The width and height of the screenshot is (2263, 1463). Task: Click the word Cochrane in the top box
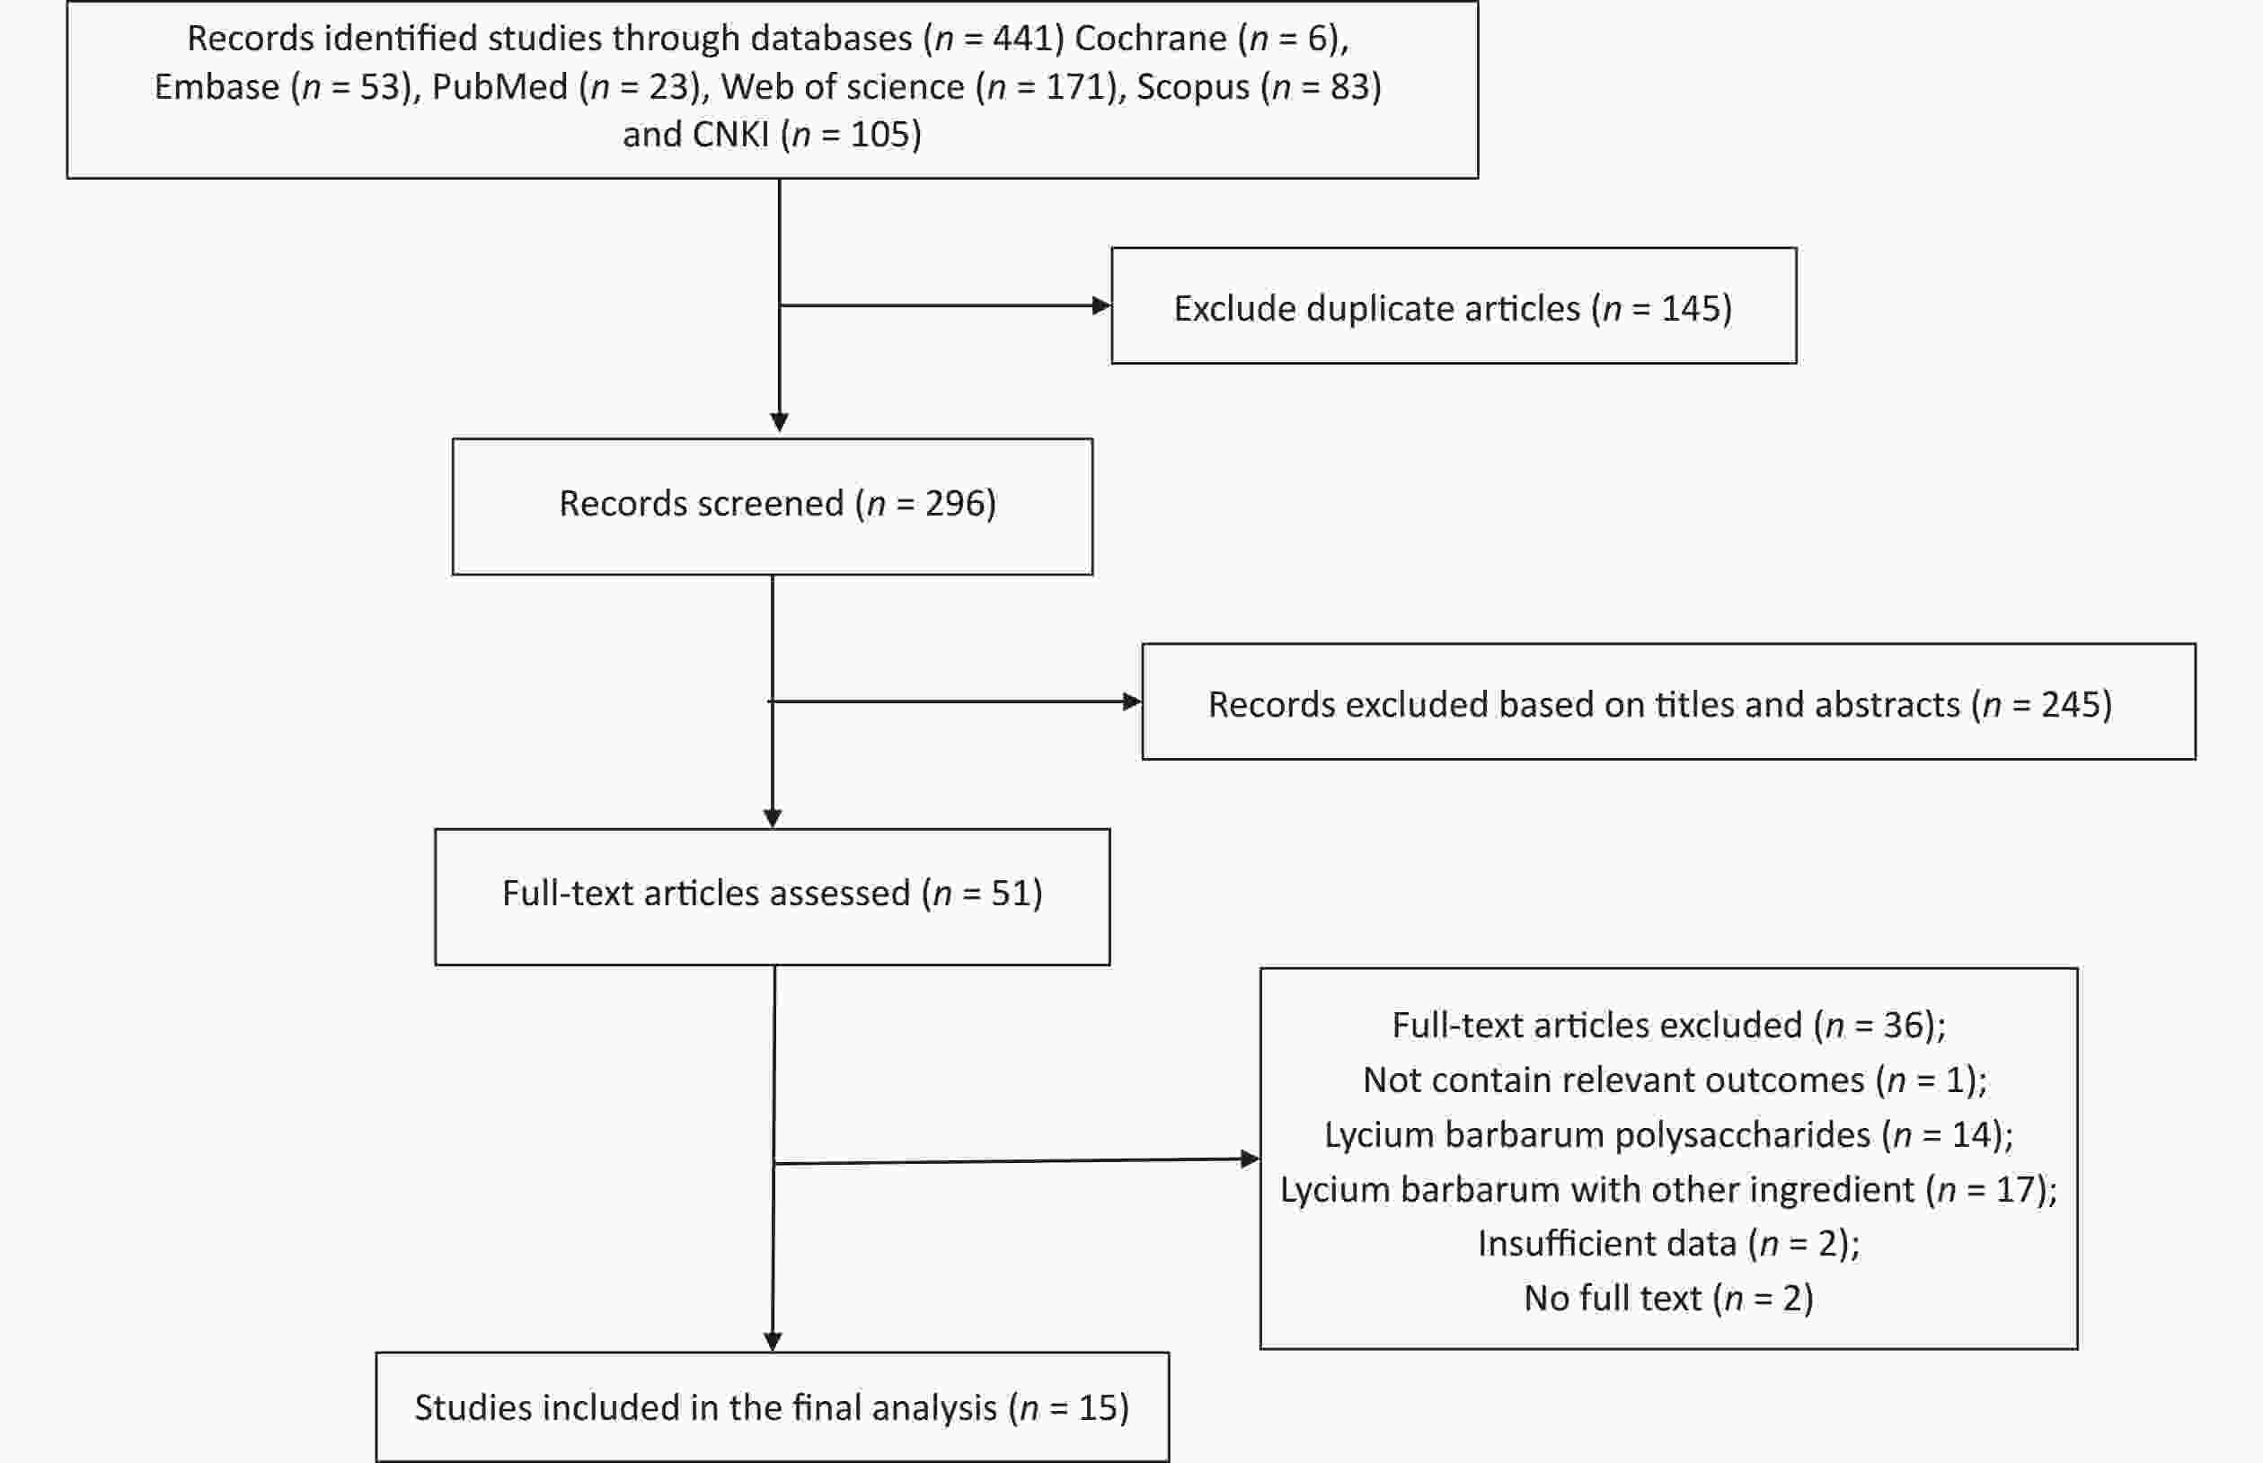click(x=1151, y=38)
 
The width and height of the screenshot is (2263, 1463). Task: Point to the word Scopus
click(x=1193, y=87)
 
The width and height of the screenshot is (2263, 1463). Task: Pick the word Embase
click(x=217, y=86)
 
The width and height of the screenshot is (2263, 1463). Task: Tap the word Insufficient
click(x=1606, y=1244)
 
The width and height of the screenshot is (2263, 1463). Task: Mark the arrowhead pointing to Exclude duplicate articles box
click(x=1102, y=306)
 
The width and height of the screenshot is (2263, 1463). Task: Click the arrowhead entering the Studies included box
click(x=773, y=1343)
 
